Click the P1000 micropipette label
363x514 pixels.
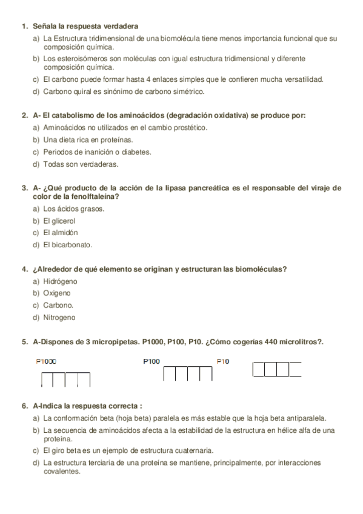[47, 361]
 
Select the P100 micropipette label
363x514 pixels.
[152, 361]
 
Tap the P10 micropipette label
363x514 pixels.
[223, 361]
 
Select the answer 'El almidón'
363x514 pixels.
[61, 233]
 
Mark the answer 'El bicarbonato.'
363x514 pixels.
[68, 245]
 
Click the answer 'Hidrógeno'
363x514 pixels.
[61, 282]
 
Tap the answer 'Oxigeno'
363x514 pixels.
[57, 293]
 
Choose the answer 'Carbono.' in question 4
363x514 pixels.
[59, 305]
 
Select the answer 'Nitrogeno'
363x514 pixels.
[59, 318]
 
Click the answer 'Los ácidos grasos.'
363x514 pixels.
[74, 209]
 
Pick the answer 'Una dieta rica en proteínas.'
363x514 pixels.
[80, 140]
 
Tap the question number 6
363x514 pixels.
[24, 406]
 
